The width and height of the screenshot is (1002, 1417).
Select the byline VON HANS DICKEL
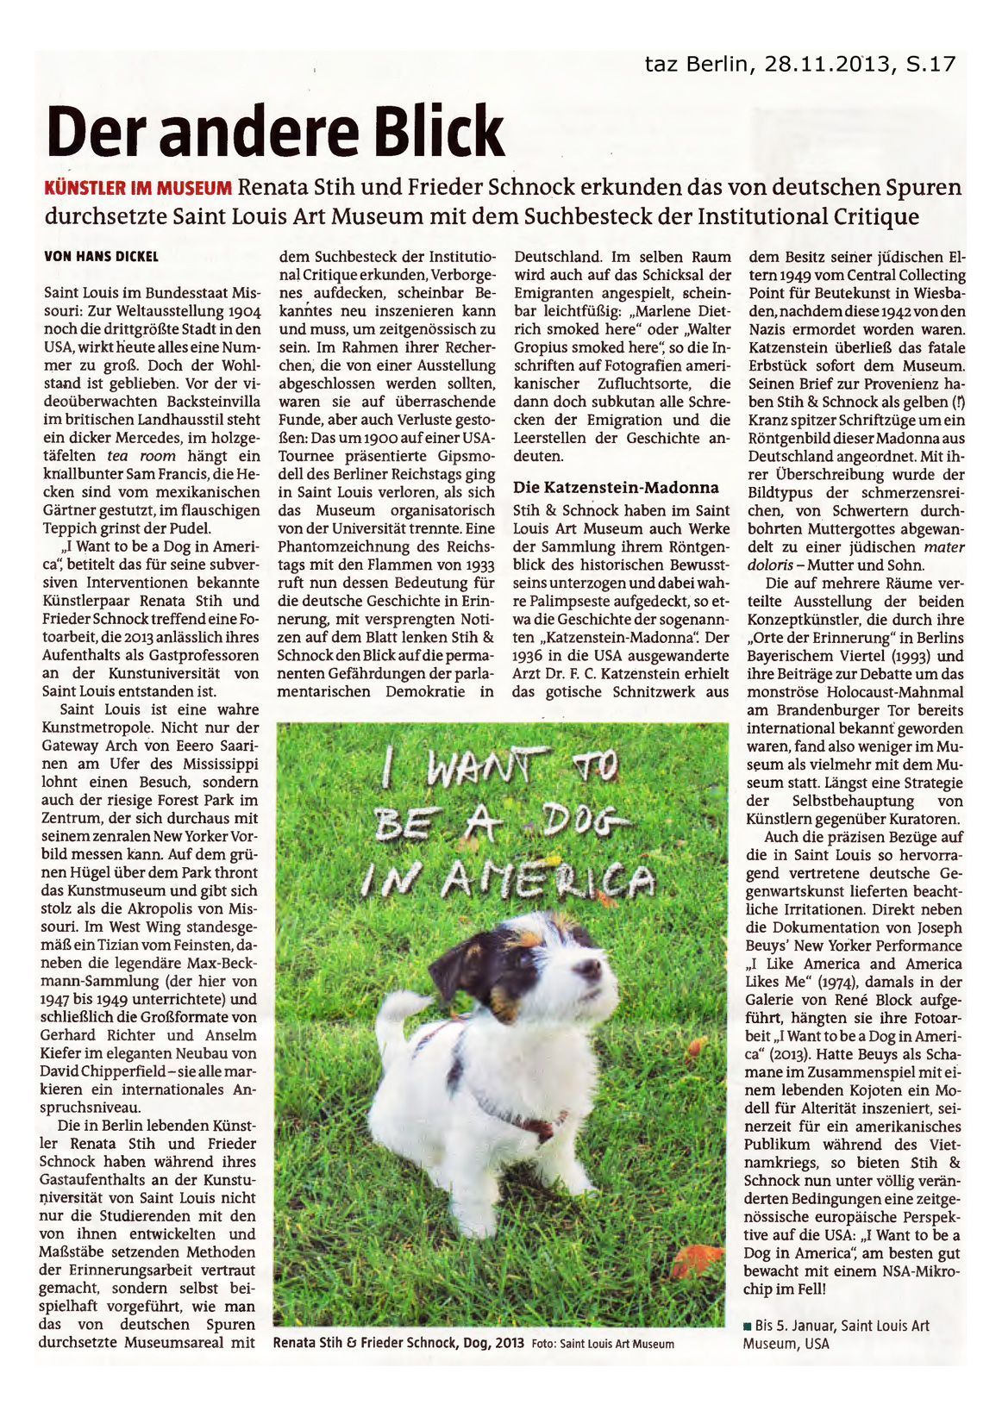[x=102, y=256]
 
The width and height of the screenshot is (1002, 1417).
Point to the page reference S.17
[x=930, y=64]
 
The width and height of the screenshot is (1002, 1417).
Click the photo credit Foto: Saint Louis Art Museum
[x=603, y=1344]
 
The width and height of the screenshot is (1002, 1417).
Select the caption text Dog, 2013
[x=492, y=1343]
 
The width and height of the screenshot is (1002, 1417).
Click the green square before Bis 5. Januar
[x=747, y=1326]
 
